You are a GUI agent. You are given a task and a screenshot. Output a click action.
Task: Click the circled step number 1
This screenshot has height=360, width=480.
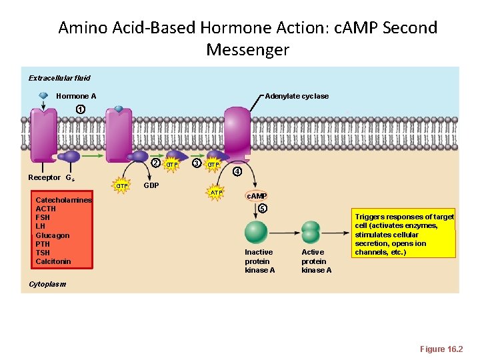80,109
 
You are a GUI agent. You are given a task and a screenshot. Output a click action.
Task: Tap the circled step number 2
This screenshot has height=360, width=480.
155,163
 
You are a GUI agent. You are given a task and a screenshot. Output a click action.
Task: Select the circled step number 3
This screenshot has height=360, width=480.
196,163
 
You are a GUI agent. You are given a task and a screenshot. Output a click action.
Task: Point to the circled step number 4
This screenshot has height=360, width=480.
236,171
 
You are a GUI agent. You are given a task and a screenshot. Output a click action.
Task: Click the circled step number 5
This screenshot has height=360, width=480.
263,209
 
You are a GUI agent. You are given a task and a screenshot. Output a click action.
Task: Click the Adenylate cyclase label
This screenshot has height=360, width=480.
297,96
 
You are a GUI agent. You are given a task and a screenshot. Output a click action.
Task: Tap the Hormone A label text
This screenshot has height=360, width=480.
76,96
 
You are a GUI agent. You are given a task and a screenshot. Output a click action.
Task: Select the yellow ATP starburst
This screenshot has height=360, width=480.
216,193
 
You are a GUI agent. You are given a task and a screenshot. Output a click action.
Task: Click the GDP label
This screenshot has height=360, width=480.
151,185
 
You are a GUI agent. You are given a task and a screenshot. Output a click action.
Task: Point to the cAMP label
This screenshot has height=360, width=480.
257,196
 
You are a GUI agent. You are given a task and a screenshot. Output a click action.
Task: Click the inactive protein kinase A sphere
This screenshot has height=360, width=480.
256,232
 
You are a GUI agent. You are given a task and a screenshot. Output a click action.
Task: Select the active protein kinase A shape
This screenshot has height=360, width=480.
311,232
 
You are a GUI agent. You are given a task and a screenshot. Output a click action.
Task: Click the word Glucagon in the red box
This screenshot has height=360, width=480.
53,235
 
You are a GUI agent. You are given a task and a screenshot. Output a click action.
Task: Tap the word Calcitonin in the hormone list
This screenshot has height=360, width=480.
53,261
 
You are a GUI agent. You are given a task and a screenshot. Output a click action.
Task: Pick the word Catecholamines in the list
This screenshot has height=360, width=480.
64,200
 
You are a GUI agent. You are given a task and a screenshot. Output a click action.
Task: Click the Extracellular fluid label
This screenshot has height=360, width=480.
59,78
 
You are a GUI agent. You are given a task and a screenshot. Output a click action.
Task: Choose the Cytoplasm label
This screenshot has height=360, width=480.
47,284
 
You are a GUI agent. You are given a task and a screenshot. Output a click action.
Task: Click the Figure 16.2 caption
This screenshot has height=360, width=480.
441,349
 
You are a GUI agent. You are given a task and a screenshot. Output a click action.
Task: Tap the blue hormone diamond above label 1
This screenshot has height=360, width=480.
43,95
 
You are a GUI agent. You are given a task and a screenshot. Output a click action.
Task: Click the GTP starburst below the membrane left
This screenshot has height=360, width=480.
122,186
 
